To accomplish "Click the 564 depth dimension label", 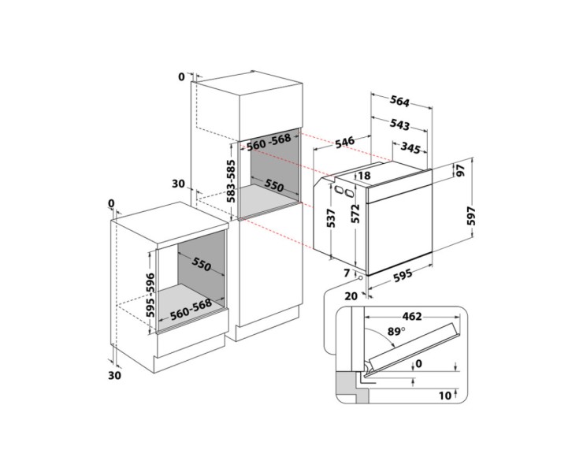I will click(x=400, y=101).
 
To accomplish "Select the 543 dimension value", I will click(x=400, y=125).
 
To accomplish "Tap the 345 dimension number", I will click(x=410, y=147).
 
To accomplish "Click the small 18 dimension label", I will click(x=363, y=176).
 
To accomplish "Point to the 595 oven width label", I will click(x=403, y=275).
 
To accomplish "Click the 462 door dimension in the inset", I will click(x=411, y=316).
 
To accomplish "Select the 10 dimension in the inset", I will click(x=446, y=395).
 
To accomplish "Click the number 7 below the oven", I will click(x=346, y=273).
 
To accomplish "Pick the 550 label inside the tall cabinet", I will click(x=273, y=186).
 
